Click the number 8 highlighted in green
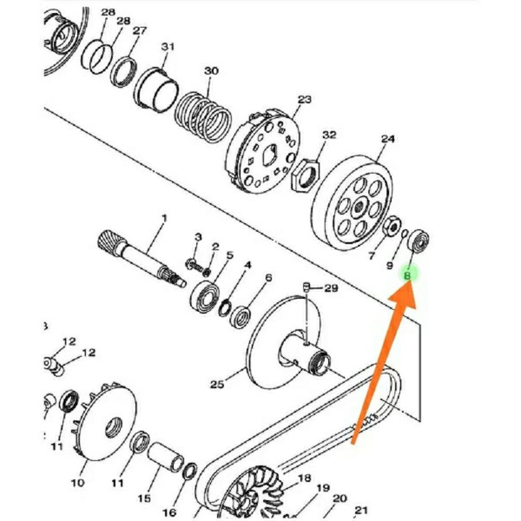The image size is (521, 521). tap(408, 275)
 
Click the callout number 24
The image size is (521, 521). tap(387, 139)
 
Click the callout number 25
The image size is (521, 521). tap(217, 384)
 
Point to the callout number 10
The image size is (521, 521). tap(77, 483)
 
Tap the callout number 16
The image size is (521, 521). tap(169, 513)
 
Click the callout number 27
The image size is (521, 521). tap(140, 31)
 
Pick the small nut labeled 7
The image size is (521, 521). tap(392, 227)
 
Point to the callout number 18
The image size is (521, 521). tap(304, 479)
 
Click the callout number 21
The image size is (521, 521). tap(361, 510)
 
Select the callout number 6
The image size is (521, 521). tap(268, 278)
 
